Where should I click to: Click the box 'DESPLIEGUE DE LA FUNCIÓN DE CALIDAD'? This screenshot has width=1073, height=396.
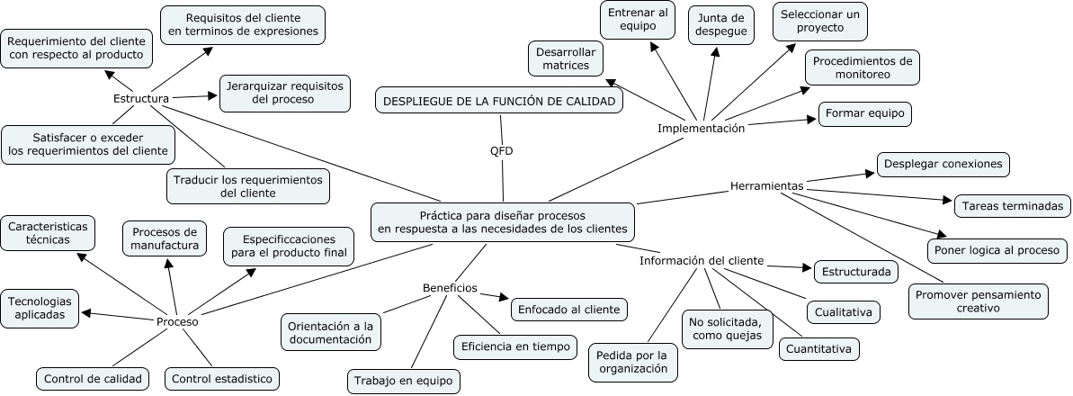(x=499, y=101)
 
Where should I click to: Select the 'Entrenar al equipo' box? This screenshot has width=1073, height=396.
(x=639, y=20)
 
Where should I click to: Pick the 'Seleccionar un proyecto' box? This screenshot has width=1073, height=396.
(x=819, y=21)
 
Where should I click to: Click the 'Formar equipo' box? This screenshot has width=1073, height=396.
(x=864, y=114)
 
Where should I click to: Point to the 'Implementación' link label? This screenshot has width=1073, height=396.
(x=702, y=129)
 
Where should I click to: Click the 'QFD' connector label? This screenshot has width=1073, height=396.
(x=501, y=150)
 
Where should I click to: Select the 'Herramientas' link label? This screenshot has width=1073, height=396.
(x=766, y=185)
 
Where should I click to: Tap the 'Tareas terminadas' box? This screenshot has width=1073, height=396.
(x=1012, y=206)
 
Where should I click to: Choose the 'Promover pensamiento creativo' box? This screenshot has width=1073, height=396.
(x=979, y=301)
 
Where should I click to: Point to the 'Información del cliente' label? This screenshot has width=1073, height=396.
(x=702, y=261)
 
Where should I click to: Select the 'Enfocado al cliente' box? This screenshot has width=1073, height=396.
(x=568, y=310)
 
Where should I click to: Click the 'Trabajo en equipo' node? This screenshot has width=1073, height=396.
(x=404, y=381)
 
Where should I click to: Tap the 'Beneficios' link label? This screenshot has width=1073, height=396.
(x=450, y=288)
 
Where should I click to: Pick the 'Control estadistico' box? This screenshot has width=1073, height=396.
(x=221, y=379)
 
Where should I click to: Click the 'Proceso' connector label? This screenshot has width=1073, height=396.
(x=177, y=321)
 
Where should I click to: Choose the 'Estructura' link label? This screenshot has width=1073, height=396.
(x=142, y=98)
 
